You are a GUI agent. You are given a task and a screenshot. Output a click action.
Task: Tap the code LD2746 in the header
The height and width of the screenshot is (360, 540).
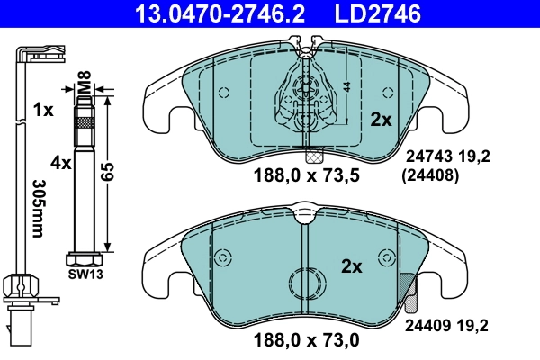(376, 13)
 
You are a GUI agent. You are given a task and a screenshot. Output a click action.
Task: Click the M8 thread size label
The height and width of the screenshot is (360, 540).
(84, 87)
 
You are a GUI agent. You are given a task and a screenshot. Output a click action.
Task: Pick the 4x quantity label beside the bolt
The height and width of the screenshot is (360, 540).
(60, 163)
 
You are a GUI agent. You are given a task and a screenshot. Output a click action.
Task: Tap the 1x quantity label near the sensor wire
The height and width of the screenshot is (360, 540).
(42, 109)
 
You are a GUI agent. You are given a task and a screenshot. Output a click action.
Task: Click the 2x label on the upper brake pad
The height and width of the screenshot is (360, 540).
(382, 119)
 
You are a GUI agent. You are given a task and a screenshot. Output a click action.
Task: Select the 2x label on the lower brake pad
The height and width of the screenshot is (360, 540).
(351, 266)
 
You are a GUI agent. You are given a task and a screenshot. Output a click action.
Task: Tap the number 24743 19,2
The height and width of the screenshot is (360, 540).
(447, 156)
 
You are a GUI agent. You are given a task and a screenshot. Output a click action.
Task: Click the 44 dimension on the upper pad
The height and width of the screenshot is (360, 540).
(347, 86)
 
